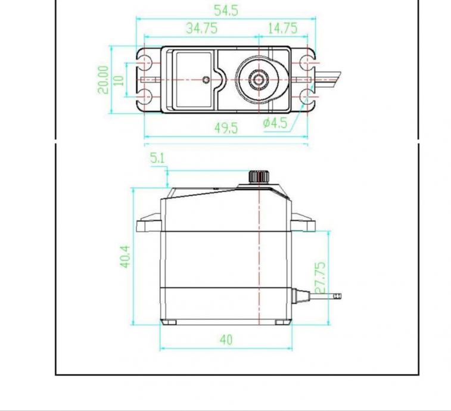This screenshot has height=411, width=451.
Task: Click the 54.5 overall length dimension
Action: (x=226, y=10)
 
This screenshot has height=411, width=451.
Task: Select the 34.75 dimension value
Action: (x=201, y=28)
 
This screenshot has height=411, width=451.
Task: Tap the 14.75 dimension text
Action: (x=282, y=28)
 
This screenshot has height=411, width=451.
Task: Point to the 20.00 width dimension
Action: (x=104, y=79)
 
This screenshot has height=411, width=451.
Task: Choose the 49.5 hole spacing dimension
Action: (x=226, y=128)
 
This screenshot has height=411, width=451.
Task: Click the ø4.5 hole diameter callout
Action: (x=275, y=123)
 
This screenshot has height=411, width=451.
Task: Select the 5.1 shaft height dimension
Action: (x=157, y=158)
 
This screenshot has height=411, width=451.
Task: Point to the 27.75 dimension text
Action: (x=321, y=278)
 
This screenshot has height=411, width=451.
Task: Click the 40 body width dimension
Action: (x=226, y=340)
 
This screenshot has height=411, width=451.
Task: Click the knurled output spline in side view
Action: (x=259, y=176)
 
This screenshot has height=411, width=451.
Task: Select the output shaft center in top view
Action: (x=259, y=79)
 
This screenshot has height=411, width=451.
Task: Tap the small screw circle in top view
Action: (x=206, y=79)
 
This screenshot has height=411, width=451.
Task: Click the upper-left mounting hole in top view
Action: (x=145, y=63)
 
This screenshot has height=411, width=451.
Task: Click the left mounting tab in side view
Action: (x=149, y=225)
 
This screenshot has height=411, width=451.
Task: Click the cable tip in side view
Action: (x=338, y=295)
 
